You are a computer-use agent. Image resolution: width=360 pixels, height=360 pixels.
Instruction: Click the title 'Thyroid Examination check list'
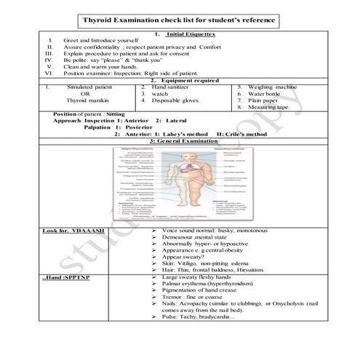point(181,20)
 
